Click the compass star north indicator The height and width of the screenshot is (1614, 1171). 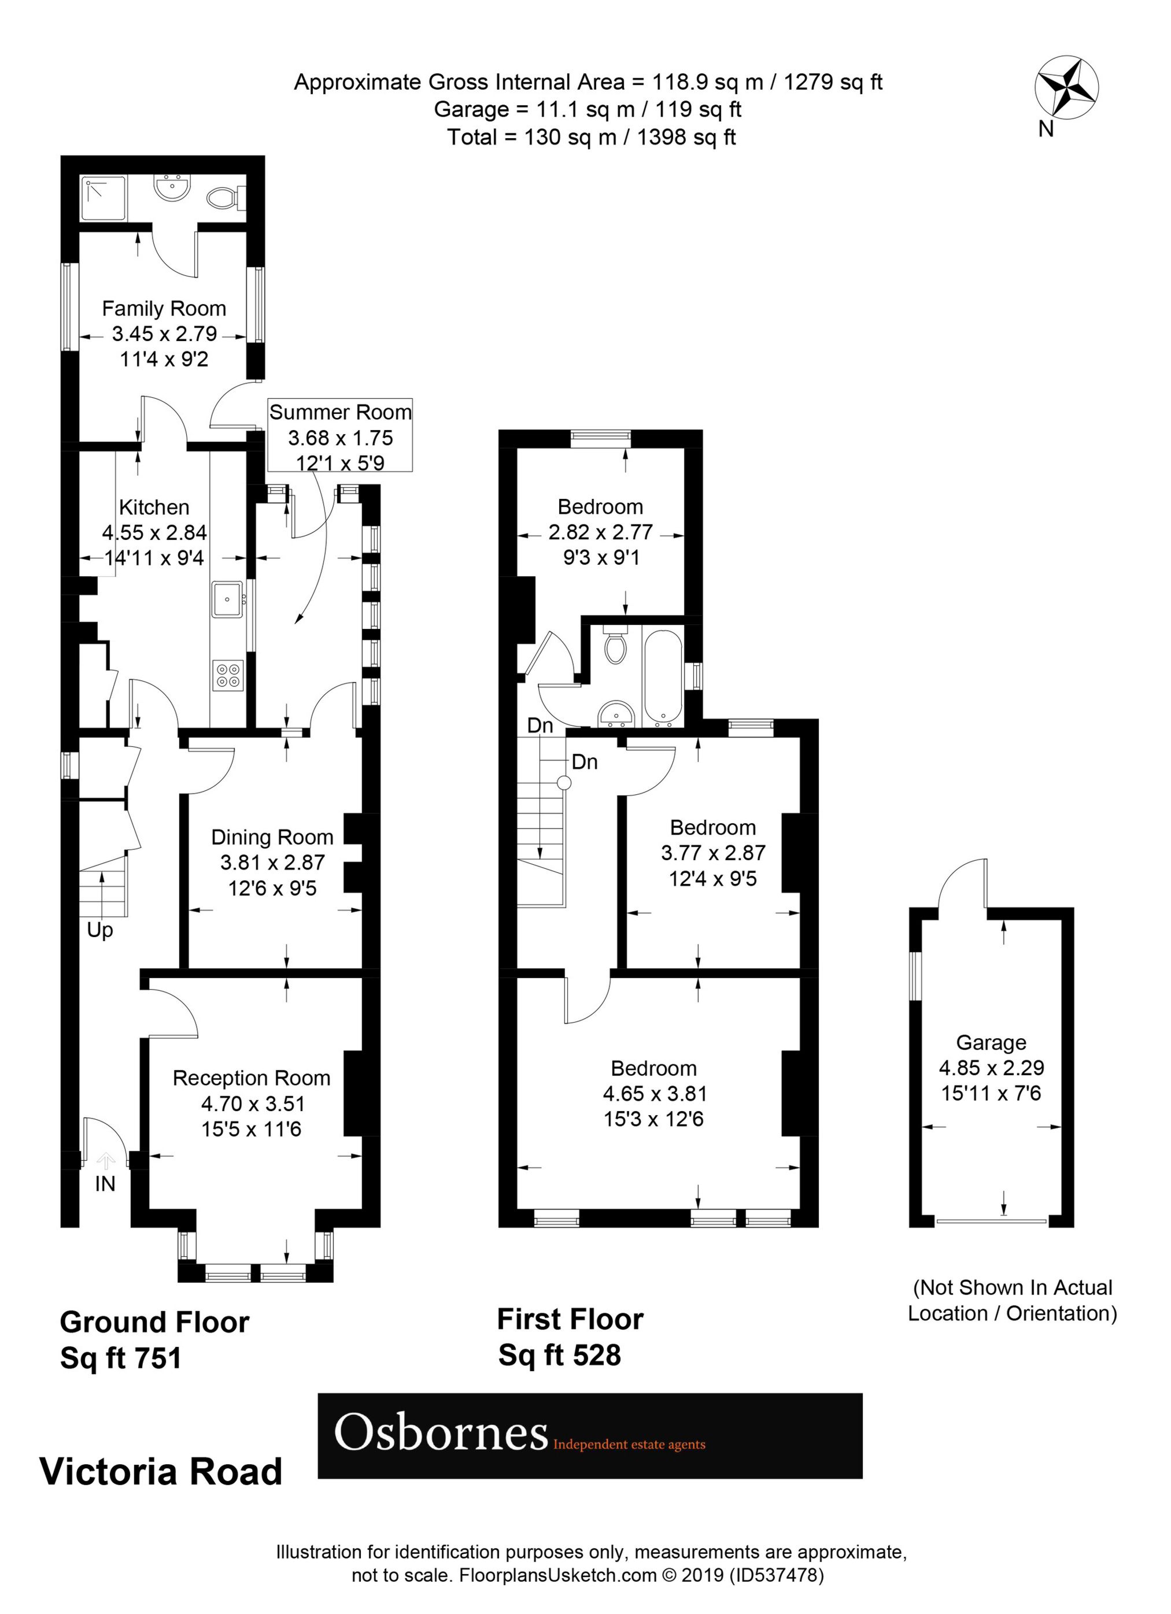1066,88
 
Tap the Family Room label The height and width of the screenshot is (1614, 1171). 164,308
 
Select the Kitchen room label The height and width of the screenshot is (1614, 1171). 154,508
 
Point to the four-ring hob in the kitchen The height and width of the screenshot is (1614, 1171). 228,675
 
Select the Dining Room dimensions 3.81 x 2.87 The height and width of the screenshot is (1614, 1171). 272,862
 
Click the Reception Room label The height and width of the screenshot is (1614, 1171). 252,1078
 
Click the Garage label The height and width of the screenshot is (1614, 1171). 991,1042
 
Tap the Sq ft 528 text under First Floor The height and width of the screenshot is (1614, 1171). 560,1354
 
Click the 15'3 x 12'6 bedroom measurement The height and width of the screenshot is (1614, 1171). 653,1119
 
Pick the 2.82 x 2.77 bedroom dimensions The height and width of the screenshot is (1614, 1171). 600,532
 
